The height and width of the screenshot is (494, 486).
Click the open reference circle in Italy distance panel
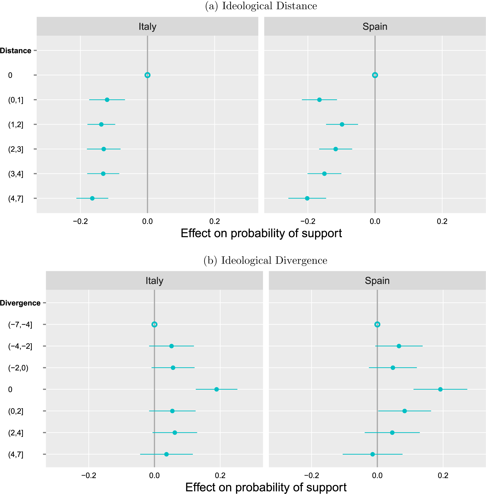(x=147, y=75)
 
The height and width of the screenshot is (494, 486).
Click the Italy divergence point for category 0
(x=217, y=389)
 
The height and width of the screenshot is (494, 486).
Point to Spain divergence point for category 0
(x=440, y=389)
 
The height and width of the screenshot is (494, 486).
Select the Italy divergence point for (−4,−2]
(x=171, y=346)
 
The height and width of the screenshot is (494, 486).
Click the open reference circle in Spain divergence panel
(x=377, y=324)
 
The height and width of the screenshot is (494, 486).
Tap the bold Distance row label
(x=16, y=51)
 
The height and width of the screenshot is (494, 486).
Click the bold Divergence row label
(x=20, y=303)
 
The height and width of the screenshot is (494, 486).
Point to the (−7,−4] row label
(x=20, y=325)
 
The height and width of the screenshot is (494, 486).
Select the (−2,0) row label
(x=18, y=368)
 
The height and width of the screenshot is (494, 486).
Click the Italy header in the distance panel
(x=147, y=27)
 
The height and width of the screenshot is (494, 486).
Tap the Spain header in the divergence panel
(x=377, y=281)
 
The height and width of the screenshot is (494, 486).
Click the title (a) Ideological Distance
(x=261, y=6)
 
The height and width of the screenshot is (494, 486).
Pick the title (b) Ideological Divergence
(x=265, y=260)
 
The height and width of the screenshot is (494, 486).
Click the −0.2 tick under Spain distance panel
(x=308, y=221)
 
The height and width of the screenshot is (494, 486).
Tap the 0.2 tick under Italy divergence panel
(x=220, y=475)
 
